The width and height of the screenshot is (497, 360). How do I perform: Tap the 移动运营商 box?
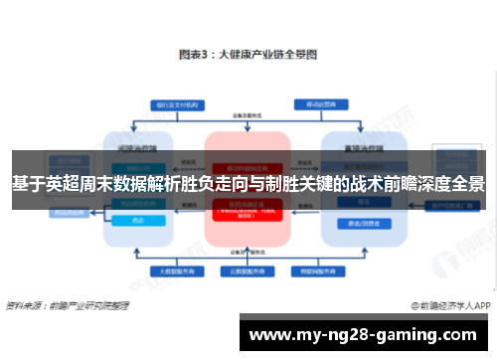tap(319, 103)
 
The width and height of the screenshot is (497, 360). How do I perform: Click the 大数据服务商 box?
tap(174, 270)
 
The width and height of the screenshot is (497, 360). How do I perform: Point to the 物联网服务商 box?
tap(312, 270)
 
